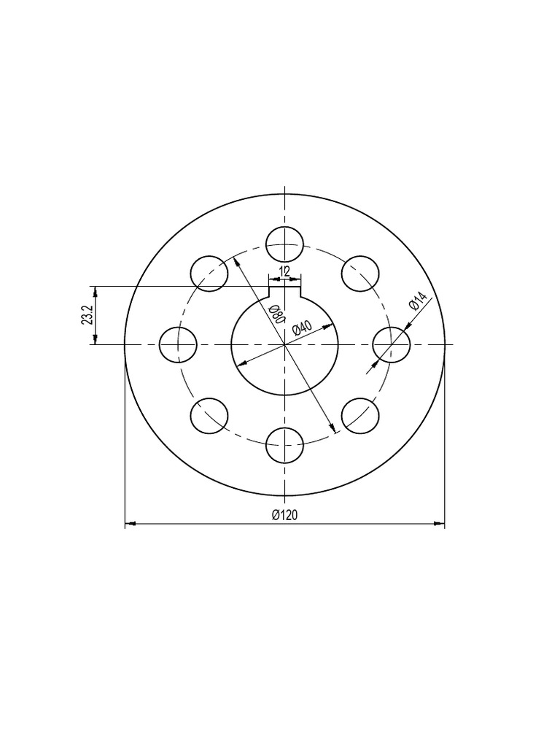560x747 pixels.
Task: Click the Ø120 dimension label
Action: [284, 515]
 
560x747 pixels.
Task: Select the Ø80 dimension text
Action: [276, 315]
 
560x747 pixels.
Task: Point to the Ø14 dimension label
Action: [417, 301]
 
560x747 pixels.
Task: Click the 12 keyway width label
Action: [284, 271]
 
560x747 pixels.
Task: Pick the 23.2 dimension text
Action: [87, 315]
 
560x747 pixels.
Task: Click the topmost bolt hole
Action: [284, 244]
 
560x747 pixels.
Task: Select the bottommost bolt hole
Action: [284, 445]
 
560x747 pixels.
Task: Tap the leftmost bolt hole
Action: [178, 344]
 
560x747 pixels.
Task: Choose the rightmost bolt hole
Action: [392, 344]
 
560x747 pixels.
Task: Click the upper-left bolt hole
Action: [209, 274]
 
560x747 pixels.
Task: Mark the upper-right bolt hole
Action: [360, 274]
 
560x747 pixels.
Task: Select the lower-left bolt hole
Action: [209, 416]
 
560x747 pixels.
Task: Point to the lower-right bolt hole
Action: [360, 416]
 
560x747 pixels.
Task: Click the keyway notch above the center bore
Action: [284, 291]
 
